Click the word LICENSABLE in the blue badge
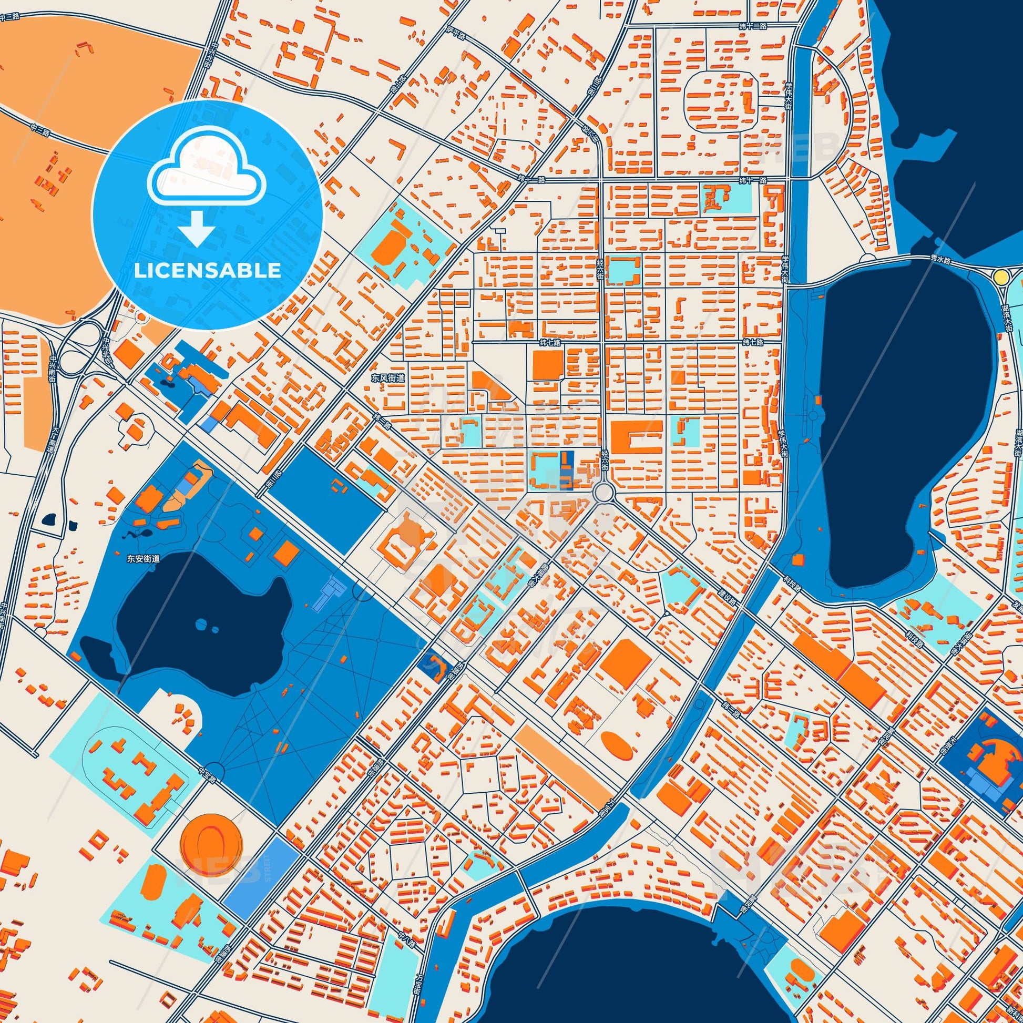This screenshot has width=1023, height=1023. click(x=207, y=271)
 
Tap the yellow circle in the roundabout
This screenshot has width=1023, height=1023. click(x=1001, y=277)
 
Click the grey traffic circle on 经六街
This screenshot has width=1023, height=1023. click(x=603, y=493)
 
